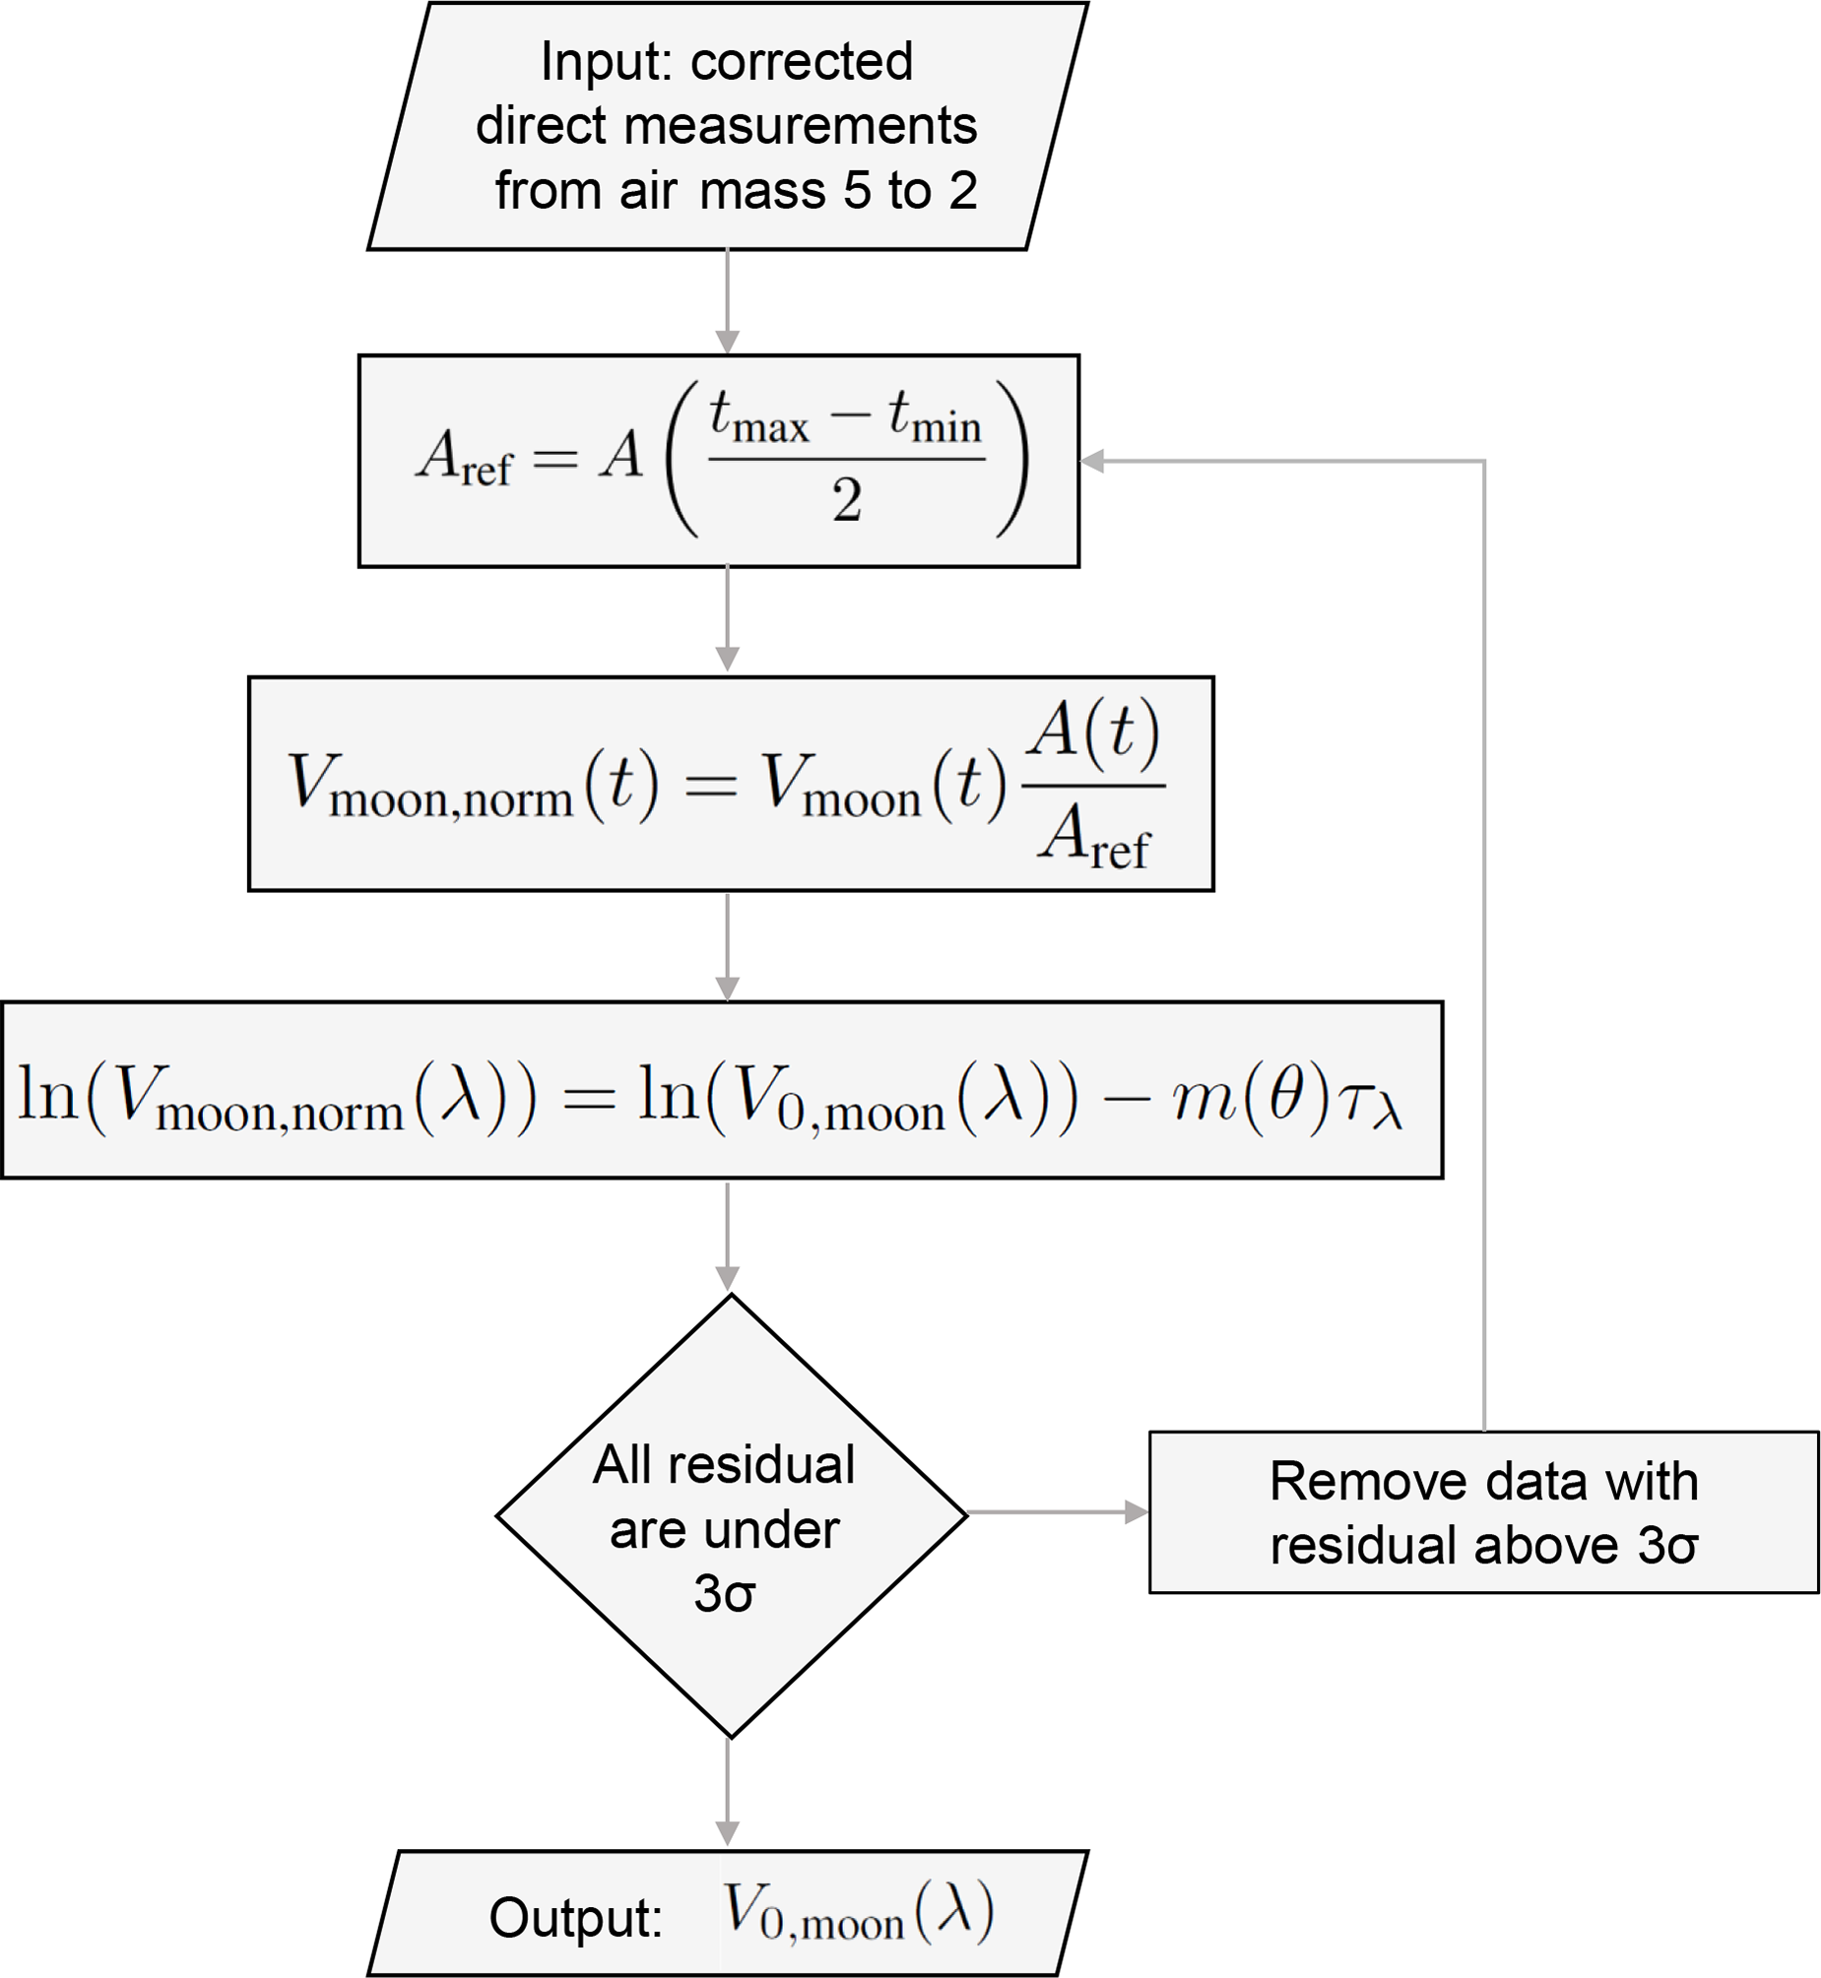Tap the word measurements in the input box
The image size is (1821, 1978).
tap(800, 126)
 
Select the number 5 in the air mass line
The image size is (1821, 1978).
tap(857, 190)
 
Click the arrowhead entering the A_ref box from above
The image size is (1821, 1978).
tap(727, 342)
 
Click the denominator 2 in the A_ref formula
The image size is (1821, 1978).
tap(846, 500)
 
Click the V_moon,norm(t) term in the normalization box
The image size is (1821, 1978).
tap(471, 785)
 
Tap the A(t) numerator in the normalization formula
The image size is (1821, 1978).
tap(1093, 733)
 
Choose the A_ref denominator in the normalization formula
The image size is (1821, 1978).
tap(1093, 836)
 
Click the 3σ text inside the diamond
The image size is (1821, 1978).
tap(724, 1593)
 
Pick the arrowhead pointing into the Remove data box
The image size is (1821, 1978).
tap(1137, 1512)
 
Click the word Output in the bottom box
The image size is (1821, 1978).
tap(575, 1918)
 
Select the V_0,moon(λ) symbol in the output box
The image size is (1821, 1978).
tap(857, 1913)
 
